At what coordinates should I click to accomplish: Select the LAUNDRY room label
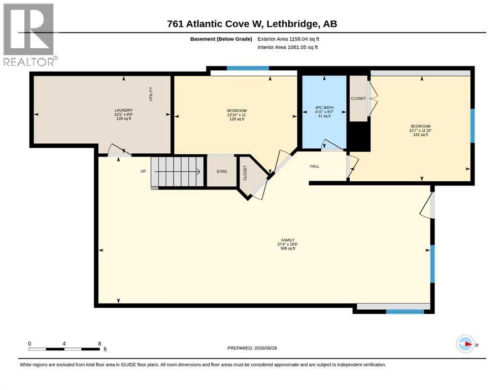[x=124, y=110]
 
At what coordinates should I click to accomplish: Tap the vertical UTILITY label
[x=151, y=94]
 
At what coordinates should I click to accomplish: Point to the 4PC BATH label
[x=324, y=108]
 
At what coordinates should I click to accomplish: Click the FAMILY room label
[x=288, y=240]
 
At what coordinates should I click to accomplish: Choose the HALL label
[x=315, y=166]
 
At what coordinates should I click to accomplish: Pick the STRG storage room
[x=221, y=171]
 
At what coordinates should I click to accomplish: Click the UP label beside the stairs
[x=143, y=171]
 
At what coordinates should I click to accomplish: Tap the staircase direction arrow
[x=178, y=172]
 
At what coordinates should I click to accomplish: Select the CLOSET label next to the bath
[x=358, y=99]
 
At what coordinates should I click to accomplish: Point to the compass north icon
[x=465, y=344]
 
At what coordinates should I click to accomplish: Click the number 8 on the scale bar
[x=99, y=343]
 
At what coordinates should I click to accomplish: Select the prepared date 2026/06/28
[x=265, y=348]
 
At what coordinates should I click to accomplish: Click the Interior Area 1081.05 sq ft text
[x=288, y=47]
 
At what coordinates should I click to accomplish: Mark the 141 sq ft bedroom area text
[x=420, y=135]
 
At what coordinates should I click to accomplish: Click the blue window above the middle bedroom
[x=248, y=68]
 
